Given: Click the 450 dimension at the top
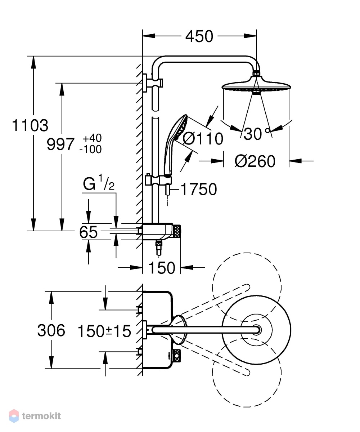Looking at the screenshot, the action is coord(199,36).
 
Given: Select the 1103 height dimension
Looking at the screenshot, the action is coord(30,125).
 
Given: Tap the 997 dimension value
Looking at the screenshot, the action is coord(60,144).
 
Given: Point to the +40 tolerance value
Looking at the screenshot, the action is coord(92,138).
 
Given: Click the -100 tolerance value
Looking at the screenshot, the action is coord(91,149).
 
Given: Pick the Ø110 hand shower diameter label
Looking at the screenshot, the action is coord(203,139).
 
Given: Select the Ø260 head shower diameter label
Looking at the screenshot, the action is coord(255,161).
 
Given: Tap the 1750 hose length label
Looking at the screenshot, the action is coord(199,189).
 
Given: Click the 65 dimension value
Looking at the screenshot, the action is coord(88,232).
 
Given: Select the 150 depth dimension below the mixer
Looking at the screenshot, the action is coord(162,268).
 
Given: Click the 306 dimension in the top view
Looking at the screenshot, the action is coord(51,330).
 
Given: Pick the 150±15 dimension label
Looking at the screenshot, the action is coord(104,331).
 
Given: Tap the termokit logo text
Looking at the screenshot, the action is coord(41,416).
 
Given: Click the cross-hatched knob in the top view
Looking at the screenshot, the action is coord(177,355).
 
